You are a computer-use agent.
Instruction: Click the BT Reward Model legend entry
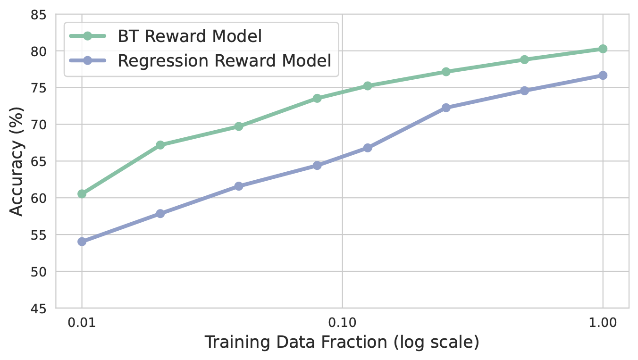(189, 36)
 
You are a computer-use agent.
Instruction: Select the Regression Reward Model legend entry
(225, 61)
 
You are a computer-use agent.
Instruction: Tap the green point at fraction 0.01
(82, 193)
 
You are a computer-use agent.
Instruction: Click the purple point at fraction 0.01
(82, 242)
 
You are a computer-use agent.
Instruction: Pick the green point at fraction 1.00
(603, 49)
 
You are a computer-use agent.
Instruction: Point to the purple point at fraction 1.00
(603, 75)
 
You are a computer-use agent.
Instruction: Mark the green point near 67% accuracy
(160, 145)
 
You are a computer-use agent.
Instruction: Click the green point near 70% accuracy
(239, 126)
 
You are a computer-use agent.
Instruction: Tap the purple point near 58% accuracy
(160, 213)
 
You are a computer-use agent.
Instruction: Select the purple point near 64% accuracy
(317, 165)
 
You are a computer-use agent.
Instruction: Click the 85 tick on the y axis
(41, 15)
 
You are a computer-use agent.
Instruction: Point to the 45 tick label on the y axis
(41, 309)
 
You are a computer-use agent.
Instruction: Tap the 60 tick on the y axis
(41, 198)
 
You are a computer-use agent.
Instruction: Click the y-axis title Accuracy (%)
(17, 161)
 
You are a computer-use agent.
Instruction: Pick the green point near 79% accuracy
(524, 59)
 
